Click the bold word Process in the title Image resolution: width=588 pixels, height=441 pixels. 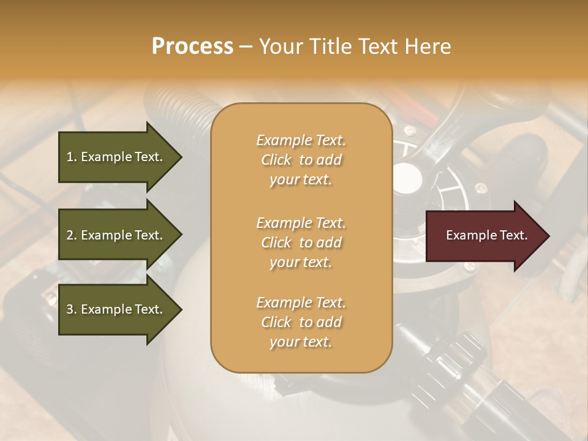pyautogui.click(x=192, y=46)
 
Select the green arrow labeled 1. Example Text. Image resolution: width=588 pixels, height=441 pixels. pyautogui.click(x=116, y=157)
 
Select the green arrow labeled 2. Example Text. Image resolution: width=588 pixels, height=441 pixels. pyautogui.click(x=116, y=235)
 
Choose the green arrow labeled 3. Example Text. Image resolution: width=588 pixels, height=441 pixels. pyautogui.click(x=116, y=309)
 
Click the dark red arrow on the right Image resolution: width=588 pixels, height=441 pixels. pyautogui.click(x=484, y=235)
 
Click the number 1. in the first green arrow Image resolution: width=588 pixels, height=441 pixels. pyautogui.click(x=72, y=157)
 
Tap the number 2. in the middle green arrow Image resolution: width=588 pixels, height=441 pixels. pyautogui.click(x=72, y=235)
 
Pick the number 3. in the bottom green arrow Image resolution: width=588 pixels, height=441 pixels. pyautogui.click(x=72, y=309)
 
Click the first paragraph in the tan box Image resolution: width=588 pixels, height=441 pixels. pyautogui.click(x=301, y=160)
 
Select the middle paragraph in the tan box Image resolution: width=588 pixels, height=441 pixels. pyautogui.click(x=301, y=243)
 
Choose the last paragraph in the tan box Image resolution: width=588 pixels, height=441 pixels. pyautogui.click(x=301, y=322)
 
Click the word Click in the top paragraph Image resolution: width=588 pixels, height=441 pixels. pyautogui.click(x=276, y=160)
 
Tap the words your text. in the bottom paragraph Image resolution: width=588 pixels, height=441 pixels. pyautogui.click(x=301, y=342)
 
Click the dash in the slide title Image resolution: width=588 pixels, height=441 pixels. pyautogui.click(x=246, y=47)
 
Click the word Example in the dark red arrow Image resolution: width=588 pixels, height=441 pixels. pyautogui.click(x=468, y=235)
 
